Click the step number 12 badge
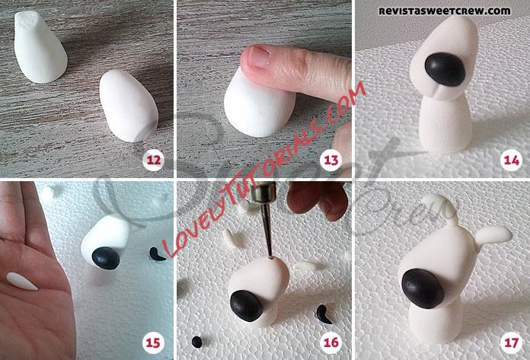(154, 159)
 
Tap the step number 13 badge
(331, 159)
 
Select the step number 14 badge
(512, 159)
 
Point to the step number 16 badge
(331, 342)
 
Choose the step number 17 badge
(512, 342)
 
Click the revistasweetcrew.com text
(444, 11)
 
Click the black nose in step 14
(445, 69)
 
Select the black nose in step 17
(423, 289)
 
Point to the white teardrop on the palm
(21, 282)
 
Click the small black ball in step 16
(196, 342)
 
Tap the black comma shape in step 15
(156, 255)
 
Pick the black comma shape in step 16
(323, 315)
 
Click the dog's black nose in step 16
(247, 306)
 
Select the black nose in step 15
(106, 258)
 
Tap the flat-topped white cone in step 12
(40, 46)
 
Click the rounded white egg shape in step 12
(129, 105)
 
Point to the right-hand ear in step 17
(493, 235)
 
